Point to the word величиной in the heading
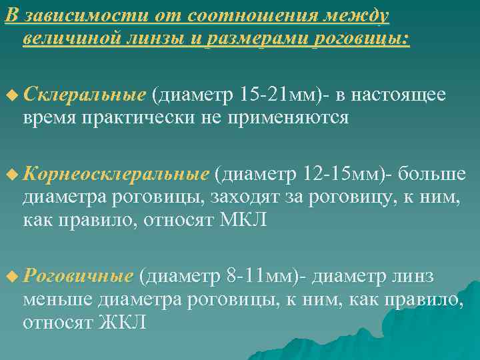pos(73,39)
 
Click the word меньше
pos(57,299)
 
